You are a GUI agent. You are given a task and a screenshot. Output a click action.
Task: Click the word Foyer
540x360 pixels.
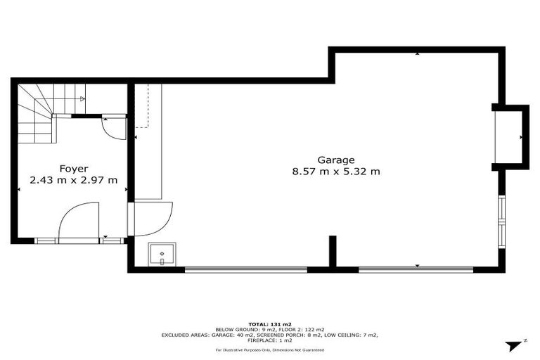(x=73, y=168)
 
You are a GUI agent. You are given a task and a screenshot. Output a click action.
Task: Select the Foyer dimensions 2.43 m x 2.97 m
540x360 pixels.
(x=73, y=180)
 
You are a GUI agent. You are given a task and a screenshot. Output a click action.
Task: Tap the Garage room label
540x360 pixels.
(x=335, y=160)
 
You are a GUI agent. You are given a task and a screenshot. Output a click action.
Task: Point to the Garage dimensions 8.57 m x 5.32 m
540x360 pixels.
(x=335, y=172)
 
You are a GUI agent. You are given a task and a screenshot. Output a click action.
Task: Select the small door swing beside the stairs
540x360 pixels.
(x=112, y=127)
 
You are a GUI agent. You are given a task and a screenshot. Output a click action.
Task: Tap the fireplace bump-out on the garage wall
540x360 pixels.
(x=510, y=136)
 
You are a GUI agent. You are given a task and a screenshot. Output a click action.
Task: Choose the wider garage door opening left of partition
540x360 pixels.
(x=246, y=269)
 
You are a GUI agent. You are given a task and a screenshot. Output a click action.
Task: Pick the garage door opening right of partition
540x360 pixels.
(x=416, y=269)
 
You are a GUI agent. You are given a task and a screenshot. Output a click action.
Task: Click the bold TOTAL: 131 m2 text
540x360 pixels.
(x=270, y=324)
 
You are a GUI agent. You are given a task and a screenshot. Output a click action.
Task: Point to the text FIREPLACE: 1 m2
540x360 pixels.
(x=270, y=341)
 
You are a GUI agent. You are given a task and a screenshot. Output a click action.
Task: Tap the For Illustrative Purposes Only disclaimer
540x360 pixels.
(x=270, y=349)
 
